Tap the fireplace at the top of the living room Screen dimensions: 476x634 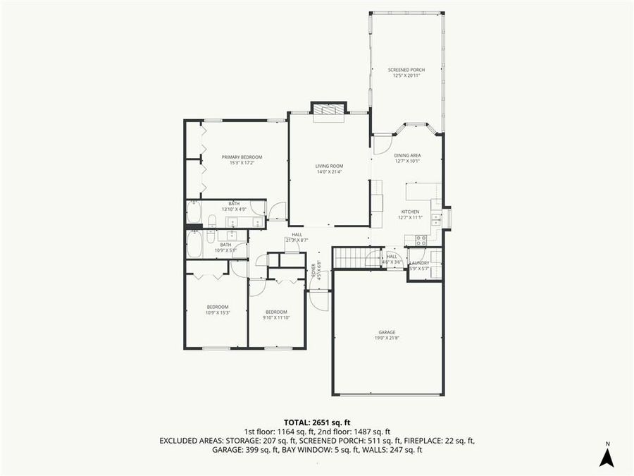pos(329,109)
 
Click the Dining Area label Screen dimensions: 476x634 pos(407,157)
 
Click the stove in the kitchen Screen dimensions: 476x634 pos(421,240)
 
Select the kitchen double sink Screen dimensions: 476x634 pos(436,218)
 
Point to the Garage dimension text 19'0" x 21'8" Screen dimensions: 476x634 pos(387,338)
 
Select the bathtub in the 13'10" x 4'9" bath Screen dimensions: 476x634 pos(194,212)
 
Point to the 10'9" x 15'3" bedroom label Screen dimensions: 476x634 pos(218,310)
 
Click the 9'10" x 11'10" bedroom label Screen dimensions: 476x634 pos(276,315)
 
